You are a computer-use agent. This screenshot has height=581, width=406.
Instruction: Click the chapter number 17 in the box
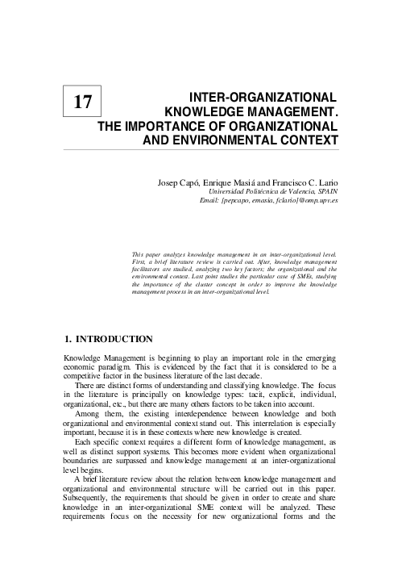[x=83, y=102]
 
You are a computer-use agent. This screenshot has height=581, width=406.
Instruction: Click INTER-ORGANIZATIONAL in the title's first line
[x=259, y=95]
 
